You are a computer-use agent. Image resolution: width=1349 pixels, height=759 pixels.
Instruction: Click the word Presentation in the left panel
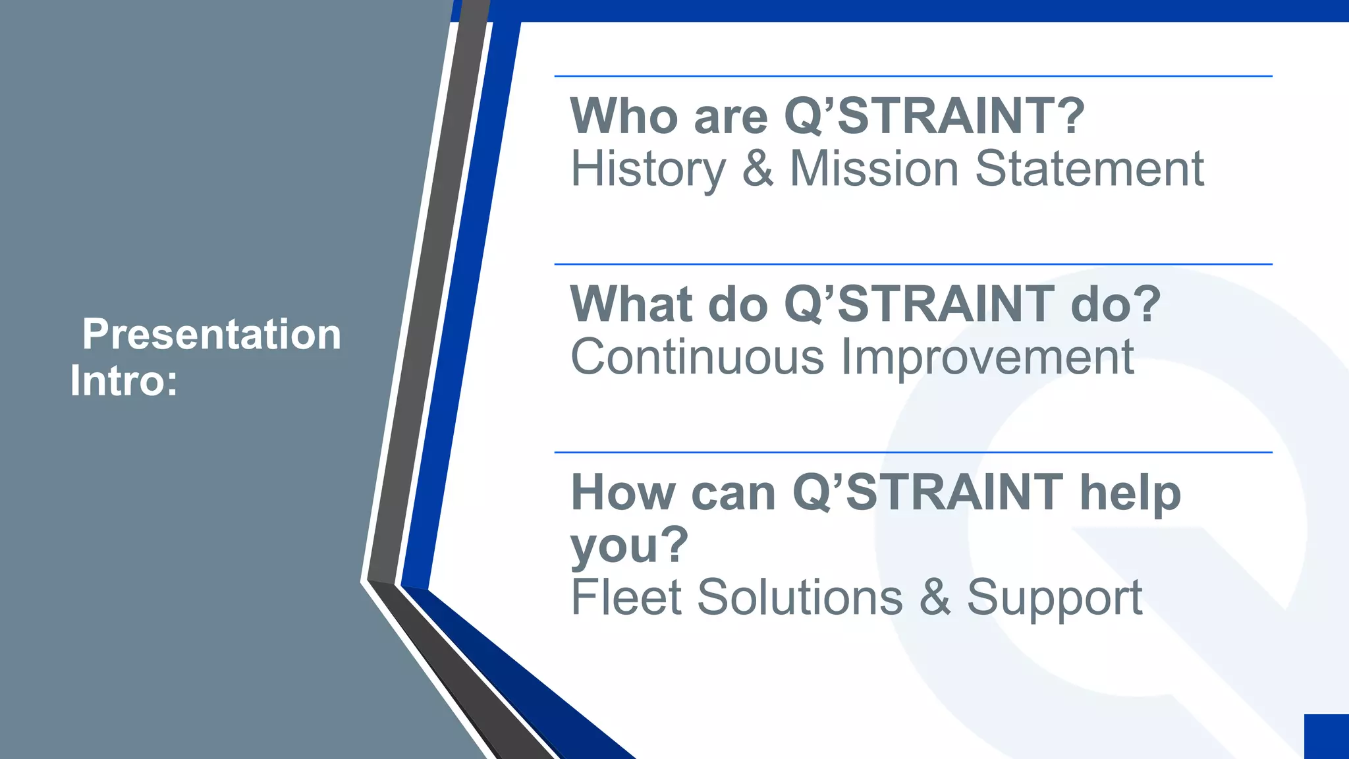click(x=211, y=335)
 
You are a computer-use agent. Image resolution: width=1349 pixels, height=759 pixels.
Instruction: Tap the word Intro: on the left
click(x=124, y=381)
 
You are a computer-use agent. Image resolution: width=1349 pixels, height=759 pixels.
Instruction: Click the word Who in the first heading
click(x=623, y=116)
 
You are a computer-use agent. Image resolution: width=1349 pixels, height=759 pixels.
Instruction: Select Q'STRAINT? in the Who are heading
click(x=934, y=116)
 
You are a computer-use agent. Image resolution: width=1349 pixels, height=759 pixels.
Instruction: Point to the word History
click(x=647, y=170)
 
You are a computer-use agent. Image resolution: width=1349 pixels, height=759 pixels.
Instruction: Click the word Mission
click(x=873, y=169)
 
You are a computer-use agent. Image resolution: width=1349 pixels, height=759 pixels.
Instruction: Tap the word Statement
click(x=1089, y=169)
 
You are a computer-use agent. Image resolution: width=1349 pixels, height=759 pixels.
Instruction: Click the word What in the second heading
click(x=630, y=304)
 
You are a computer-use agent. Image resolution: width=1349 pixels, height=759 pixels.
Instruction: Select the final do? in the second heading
click(x=1116, y=304)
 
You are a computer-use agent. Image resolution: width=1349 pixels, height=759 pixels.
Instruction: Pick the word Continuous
click(x=697, y=357)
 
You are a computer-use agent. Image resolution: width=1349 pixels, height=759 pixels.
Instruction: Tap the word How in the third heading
click(x=622, y=493)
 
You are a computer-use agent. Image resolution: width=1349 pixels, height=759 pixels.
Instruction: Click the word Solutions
click(x=800, y=598)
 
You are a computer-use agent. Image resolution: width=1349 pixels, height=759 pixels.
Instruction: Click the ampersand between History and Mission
click(x=757, y=169)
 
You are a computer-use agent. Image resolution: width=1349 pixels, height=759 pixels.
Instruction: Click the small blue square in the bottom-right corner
click(x=1327, y=736)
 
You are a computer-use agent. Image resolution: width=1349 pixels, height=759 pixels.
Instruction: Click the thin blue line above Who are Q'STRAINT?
click(x=913, y=76)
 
